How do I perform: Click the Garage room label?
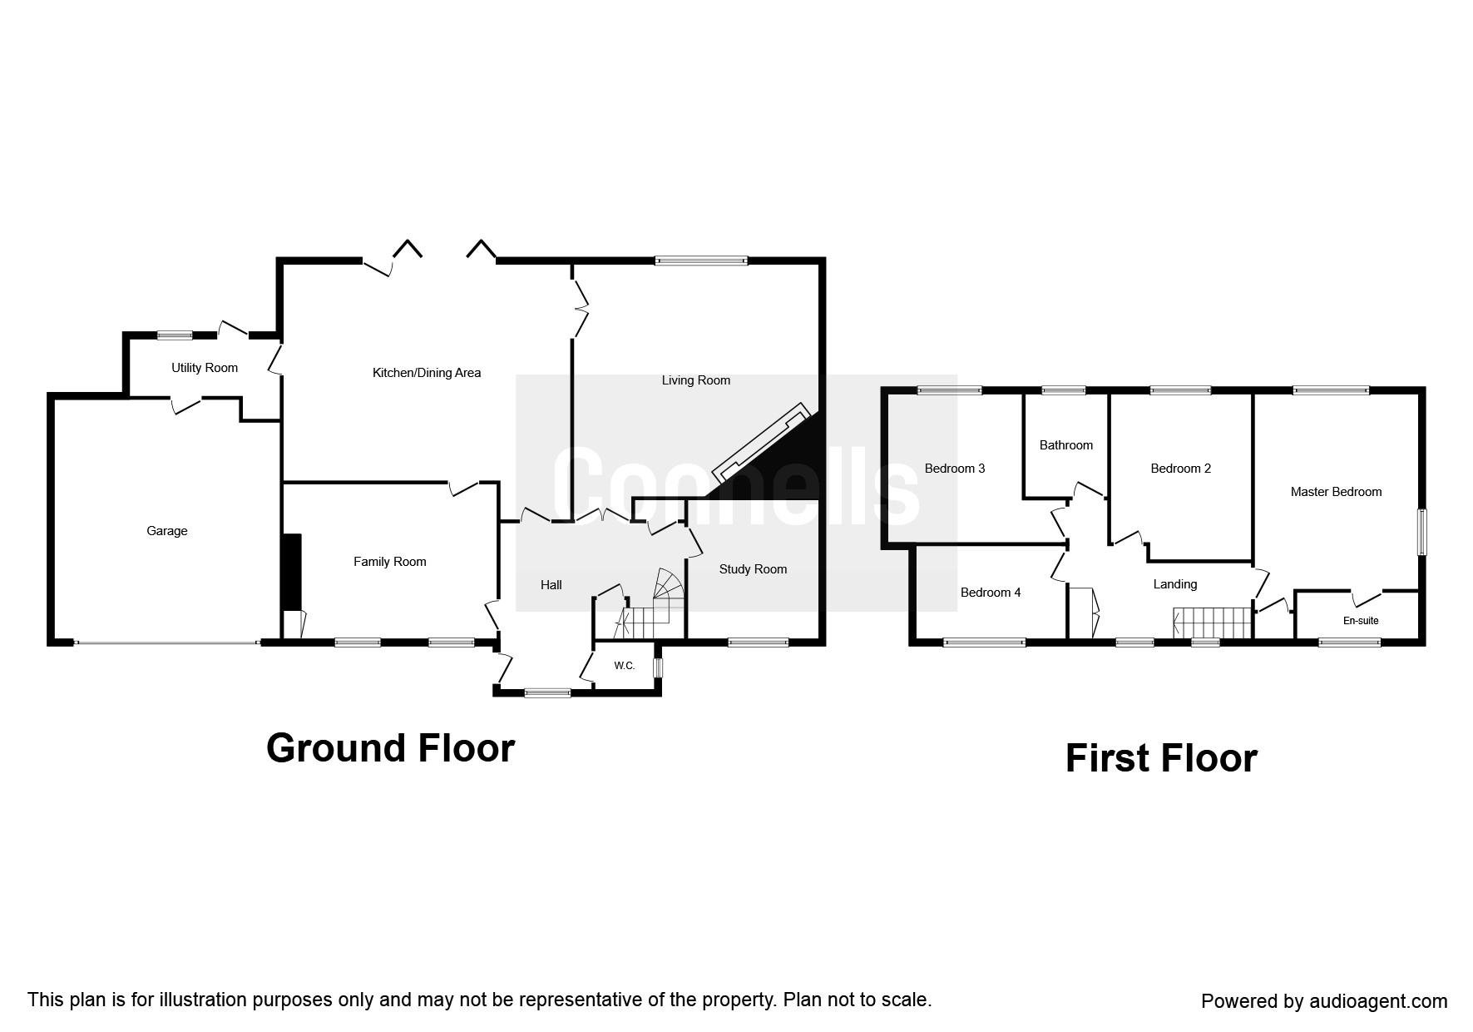pos(167,531)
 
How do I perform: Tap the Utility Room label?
pos(205,368)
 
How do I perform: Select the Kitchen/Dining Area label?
pos(427,373)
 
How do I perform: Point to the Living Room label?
pos(696,380)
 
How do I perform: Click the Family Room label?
pos(390,562)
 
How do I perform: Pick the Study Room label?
pos(754,569)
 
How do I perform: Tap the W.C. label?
pos(625,666)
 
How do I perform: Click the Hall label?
pos(551,585)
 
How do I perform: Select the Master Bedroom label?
pos(1337,492)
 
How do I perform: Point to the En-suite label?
pos(1362,621)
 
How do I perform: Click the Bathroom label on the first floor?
pos(1066,445)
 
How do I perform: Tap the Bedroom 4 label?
pos(991,593)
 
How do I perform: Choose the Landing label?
pos(1175,584)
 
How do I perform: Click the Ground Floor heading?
pos(391,748)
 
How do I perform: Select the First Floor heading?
pos(1161,759)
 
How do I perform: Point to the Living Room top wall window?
pos(701,260)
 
